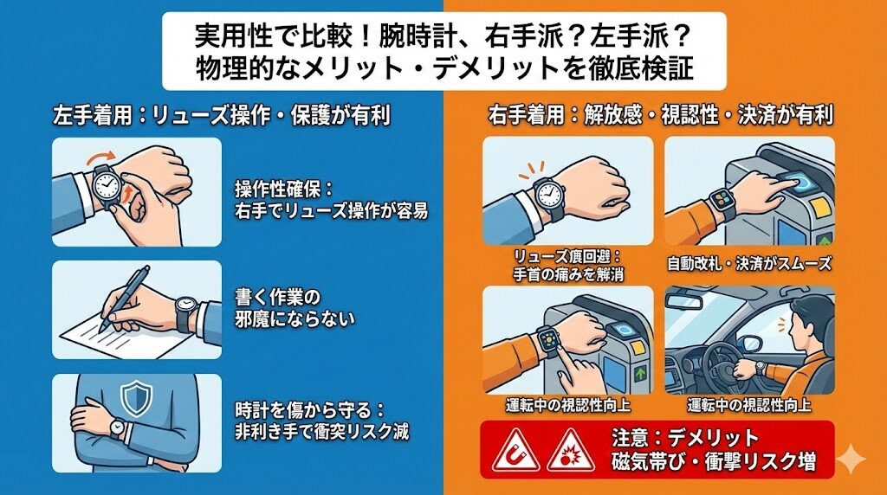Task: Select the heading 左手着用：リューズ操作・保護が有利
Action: [221, 116]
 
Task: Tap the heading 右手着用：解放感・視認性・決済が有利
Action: [661, 115]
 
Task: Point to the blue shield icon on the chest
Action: [136, 398]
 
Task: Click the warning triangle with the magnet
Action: [515, 451]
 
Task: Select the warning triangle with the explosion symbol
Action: [570, 451]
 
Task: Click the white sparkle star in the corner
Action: [851, 460]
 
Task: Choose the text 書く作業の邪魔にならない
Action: [295, 308]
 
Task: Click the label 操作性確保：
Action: [284, 188]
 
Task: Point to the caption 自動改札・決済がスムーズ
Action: [749, 264]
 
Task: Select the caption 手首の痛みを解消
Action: [568, 274]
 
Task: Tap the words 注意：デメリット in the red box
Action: [685, 438]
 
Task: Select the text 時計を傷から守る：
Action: [309, 409]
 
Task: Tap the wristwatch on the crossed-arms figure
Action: [117, 427]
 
